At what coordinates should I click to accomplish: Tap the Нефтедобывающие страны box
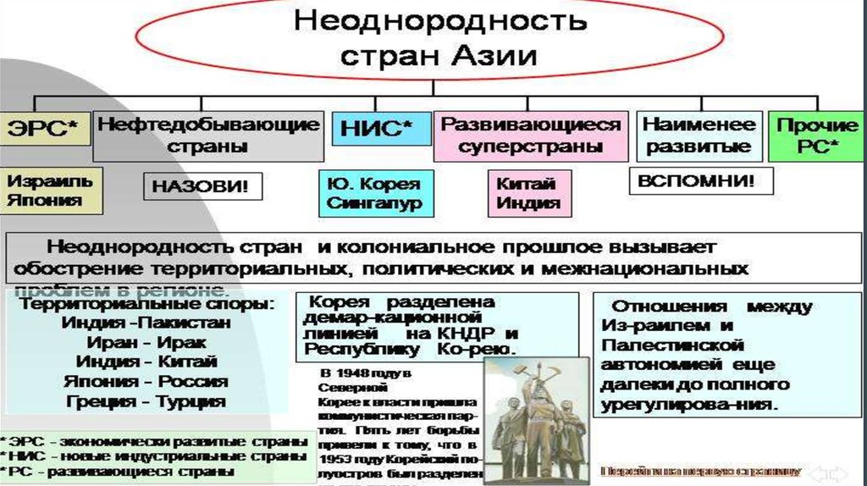pos(208,135)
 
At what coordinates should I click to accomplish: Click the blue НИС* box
pos(377,130)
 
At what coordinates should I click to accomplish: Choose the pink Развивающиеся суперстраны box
pos(531,135)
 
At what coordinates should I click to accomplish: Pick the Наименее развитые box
pos(699,135)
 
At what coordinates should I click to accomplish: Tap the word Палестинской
pos(673,345)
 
